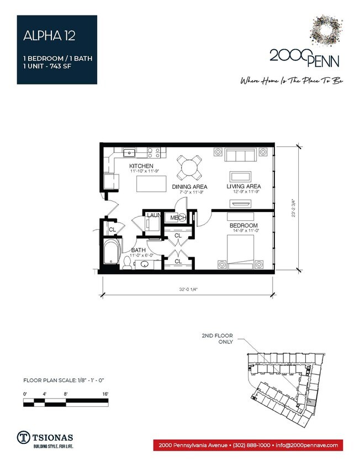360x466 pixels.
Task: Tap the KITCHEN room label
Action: click(x=141, y=166)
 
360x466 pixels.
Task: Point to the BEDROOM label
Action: click(x=243, y=226)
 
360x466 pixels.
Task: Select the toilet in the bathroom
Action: click(x=128, y=263)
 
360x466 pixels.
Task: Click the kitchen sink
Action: click(x=129, y=152)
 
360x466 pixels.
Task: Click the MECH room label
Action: click(x=178, y=218)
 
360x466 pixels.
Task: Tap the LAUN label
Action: click(x=153, y=215)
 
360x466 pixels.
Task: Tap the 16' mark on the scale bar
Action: click(x=105, y=393)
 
